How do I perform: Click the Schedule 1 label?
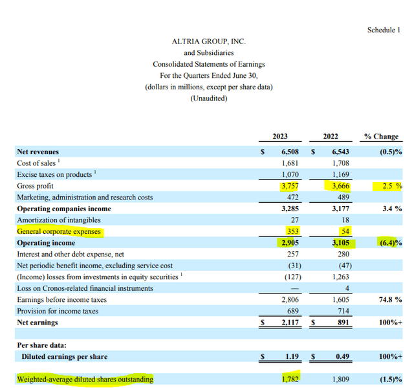click(388, 30)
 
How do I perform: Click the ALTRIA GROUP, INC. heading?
click(208, 41)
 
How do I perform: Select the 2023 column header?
click(280, 137)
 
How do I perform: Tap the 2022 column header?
click(330, 137)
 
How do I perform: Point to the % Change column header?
click(381, 137)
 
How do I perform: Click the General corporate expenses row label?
click(59, 231)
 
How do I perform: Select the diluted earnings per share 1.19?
click(289, 356)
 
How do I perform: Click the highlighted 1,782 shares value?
click(288, 379)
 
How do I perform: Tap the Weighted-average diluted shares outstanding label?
click(85, 380)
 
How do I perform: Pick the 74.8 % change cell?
click(389, 300)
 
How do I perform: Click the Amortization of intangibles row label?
click(58, 220)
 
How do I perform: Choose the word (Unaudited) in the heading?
click(208, 98)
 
